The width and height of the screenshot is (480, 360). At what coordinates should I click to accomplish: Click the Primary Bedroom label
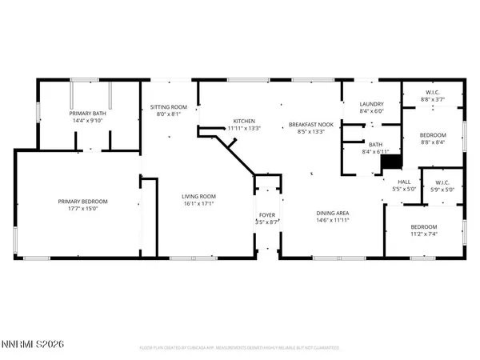[82, 202]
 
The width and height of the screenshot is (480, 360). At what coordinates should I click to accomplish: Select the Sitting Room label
[169, 106]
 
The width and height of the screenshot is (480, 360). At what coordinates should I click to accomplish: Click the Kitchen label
[243, 121]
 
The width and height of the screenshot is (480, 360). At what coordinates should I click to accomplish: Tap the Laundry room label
[371, 104]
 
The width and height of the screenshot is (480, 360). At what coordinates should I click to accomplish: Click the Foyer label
[266, 216]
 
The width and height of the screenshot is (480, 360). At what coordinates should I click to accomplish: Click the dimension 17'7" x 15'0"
[82, 209]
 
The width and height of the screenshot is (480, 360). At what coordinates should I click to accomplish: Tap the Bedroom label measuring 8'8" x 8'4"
[434, 136]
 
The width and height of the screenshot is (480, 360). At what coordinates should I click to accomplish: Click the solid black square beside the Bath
[390, 162]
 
